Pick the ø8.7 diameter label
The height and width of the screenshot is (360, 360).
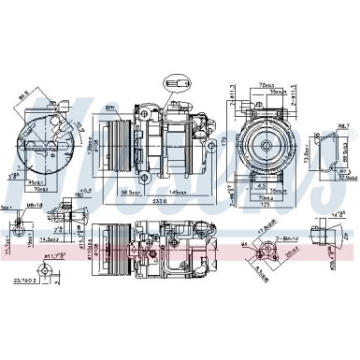click(x=341, y=124)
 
